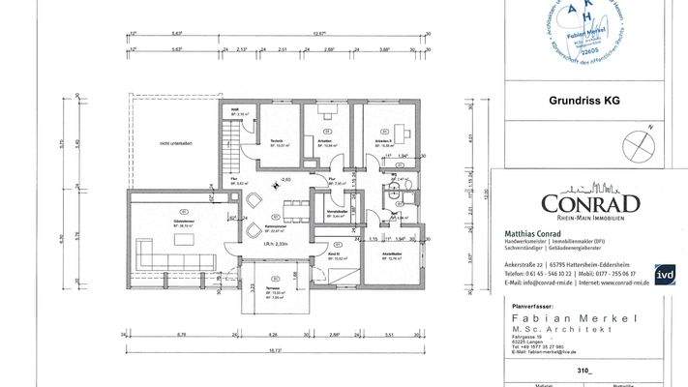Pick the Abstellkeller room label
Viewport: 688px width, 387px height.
391,255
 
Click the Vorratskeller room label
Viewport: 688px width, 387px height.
337,213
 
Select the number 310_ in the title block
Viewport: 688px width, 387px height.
582,370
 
